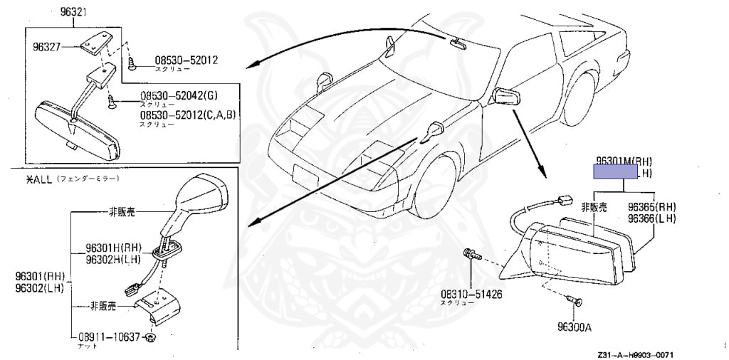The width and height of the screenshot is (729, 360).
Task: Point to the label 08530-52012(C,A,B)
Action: click(x=187, y=115)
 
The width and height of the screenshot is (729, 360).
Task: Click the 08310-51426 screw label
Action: click(x=471, y=293)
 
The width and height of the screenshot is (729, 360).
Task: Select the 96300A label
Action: click(x=576, y=328)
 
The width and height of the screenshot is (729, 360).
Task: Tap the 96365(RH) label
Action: click(x=651, y=207)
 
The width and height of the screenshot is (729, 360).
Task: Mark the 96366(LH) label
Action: click(x=651, y=218)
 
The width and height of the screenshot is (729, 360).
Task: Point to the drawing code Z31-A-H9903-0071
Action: click(x=635, y=354)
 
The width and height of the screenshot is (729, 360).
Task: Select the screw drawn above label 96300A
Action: click(x=576, y=302)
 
